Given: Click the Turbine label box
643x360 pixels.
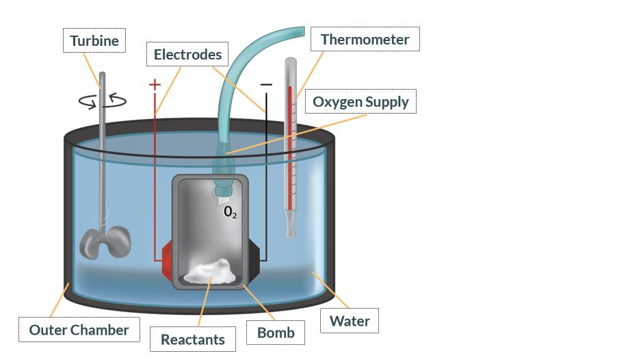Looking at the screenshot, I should (x=94, y=41).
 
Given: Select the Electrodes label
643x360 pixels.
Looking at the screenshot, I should (x=187, y=54).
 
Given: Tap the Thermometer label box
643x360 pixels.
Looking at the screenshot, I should (x=365, y=39).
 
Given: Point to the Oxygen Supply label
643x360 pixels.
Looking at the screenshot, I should (x=360, y=102).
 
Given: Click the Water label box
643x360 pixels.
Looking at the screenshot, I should (x=350, y=321).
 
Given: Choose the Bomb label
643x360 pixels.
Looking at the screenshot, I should (x=276, y=333).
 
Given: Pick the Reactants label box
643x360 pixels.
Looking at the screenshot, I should (x=192, y=339).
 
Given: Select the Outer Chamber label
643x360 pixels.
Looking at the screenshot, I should (x=79, y=330).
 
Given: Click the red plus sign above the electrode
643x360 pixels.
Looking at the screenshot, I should (x=155, y=85).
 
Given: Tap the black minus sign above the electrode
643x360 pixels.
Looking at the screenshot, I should (x=266, y=85).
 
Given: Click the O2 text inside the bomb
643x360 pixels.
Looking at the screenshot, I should (x=231, y=212).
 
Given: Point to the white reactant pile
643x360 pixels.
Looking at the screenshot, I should (x=211, y=272).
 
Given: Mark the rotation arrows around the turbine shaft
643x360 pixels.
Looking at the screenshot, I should (x=103, y=101).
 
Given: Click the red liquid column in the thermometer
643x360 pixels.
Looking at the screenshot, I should (x=290, y=137).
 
